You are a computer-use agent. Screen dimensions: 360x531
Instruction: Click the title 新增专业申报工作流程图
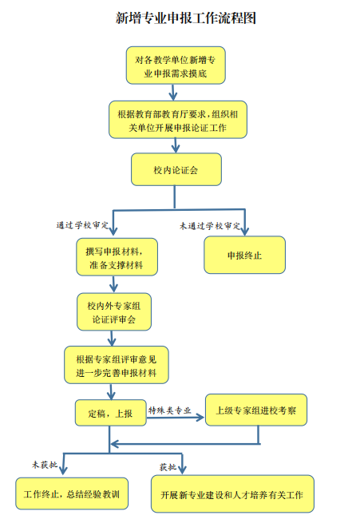(186, 18)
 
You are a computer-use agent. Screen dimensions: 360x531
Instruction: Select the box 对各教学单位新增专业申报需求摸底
(176, 65)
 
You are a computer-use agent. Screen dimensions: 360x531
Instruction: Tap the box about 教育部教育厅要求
(178, 120)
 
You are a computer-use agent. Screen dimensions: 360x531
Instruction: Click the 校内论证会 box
(176, 169)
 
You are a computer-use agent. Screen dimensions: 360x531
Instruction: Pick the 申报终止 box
(244, 255)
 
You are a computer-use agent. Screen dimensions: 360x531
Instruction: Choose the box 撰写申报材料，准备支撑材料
(117, 257)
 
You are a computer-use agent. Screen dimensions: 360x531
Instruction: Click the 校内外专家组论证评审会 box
(114, 312)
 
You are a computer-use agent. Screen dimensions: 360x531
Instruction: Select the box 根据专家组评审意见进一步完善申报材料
(117, 365)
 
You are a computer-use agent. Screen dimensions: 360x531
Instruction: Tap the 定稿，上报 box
(110, 413)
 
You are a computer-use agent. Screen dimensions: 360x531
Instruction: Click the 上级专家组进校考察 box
(256, 410)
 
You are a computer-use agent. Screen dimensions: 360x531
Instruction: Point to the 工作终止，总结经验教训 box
(72, 493)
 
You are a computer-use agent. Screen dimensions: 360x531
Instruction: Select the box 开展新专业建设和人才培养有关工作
(232, 494)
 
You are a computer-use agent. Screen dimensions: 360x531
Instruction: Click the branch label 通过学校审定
(82, 225)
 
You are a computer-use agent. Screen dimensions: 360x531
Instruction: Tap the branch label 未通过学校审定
(210, 226)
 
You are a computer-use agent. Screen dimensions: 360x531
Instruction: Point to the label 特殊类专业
(170, 410)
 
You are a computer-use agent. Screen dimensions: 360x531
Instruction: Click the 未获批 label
(45, 465)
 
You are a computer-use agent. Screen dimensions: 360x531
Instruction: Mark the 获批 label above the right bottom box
(168, 467)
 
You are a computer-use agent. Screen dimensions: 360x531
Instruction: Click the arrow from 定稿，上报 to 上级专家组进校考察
(175, 418)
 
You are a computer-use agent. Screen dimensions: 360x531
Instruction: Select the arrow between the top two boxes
(173, 92)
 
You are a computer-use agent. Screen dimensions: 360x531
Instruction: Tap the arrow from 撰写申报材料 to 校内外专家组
(114, 284)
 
